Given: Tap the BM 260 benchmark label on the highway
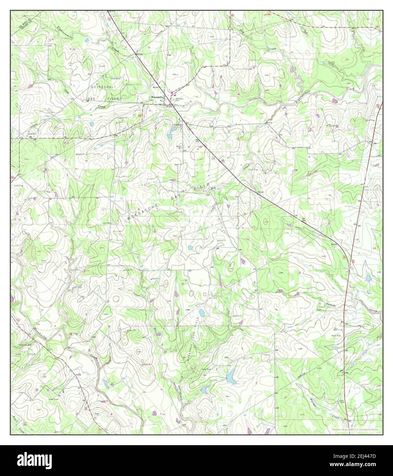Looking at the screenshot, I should tap(260, 192).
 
